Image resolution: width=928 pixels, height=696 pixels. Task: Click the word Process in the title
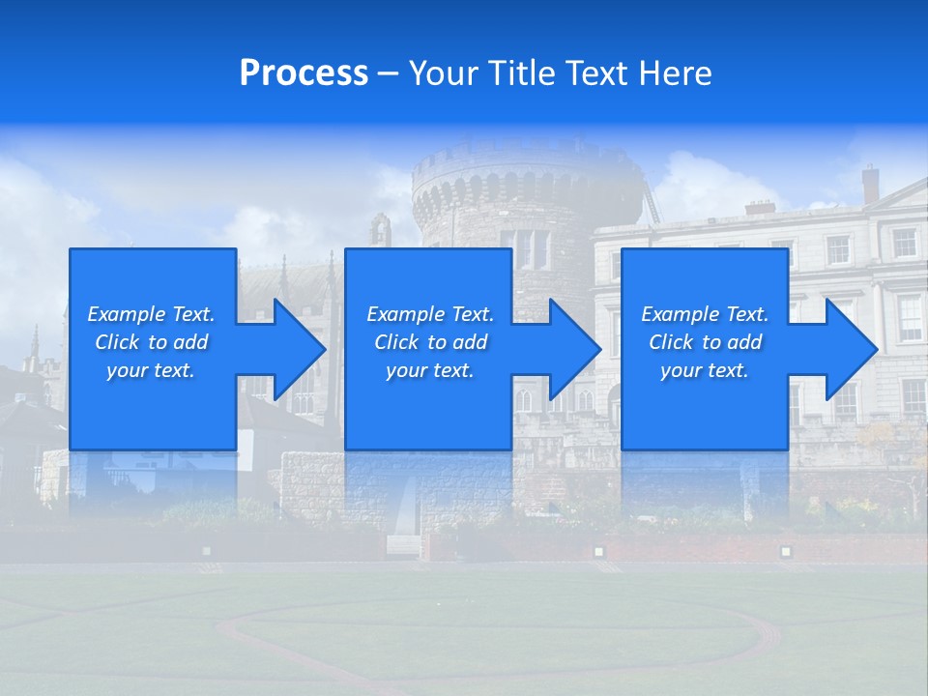(304, 73)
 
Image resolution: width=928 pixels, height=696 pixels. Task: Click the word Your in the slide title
(445, 73)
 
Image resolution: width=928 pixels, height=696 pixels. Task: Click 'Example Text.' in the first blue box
(151, 314)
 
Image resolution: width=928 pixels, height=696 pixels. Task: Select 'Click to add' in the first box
(151, 342)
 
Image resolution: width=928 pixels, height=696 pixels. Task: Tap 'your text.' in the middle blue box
(429, 370)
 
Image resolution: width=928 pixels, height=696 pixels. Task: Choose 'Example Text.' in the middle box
(429, 314)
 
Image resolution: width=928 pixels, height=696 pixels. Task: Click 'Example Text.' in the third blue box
(705, 314)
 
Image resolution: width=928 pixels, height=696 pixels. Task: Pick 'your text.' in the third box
(705, 370)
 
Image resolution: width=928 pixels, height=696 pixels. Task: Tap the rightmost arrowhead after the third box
(850, 349)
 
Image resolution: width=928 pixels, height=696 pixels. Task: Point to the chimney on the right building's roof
(870, 183)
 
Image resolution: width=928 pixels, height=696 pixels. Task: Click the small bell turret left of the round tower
(381, 230)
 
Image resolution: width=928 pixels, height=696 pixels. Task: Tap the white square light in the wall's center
(598, 551)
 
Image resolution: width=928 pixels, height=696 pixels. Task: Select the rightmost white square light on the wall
(785, 551)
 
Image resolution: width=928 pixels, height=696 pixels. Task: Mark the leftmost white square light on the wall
(206, 550)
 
